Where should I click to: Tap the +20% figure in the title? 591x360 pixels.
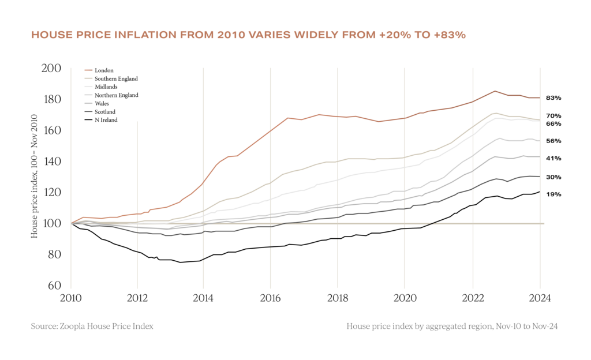click(394, 35)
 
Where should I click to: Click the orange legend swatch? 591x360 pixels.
click(88, 69)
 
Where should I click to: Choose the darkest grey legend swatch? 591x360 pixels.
click(88, 111)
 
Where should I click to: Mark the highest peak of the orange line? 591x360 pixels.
click(495, 91)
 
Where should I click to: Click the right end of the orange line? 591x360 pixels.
click(539, 98)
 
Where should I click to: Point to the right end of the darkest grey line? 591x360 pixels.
click(539, 177)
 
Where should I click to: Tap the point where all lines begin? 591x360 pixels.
click(72, 223)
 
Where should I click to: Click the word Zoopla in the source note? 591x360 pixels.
click(71, 326)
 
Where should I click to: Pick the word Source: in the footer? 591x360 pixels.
click(43, 326)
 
